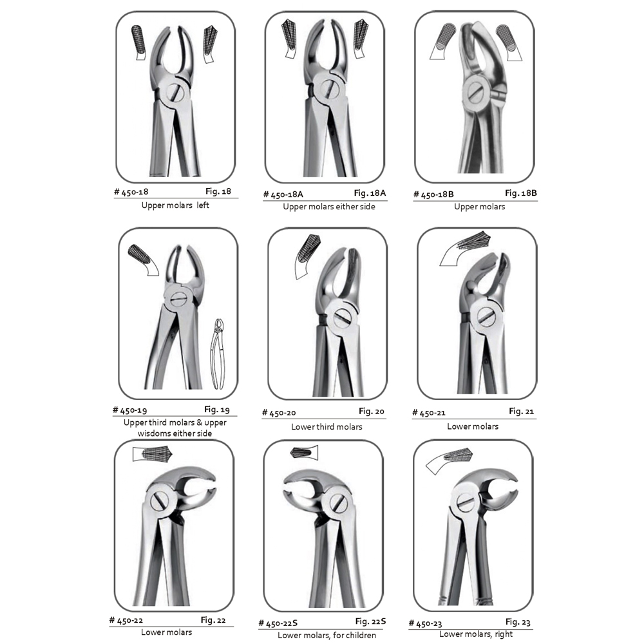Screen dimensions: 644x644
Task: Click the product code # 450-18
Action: click(x=131, y=192)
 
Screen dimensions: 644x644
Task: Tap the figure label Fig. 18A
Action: click(x=370, y=193)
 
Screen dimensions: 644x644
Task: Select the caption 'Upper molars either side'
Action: click(x=328, y=207)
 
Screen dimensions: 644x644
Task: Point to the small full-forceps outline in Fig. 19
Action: click(x=218, y=354)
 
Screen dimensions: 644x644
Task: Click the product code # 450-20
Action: click(x=279, y=413)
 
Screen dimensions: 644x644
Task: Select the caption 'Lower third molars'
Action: click(x=327, y=427)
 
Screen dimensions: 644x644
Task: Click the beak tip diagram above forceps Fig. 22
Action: click(x=153, y=454)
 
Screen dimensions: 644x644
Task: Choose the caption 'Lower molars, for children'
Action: click(x=327, y=635)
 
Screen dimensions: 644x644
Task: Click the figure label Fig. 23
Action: click(x=518, y=622)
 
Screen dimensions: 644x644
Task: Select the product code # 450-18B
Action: click(x=433, y=194)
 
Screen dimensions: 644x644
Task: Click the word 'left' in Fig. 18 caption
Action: click(x=203, y=205)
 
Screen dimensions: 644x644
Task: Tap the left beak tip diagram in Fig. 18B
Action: click(x=443, y=41)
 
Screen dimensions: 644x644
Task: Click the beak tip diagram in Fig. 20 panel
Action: click(x=307, y=257)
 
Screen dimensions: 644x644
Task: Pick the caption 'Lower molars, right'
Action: click(x=476, y=634)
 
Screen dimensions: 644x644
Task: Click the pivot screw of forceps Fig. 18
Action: click(x=176, y=92)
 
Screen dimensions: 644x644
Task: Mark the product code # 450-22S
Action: click(x=278, y=623)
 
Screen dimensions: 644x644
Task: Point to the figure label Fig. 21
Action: click(x=521, y=411)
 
